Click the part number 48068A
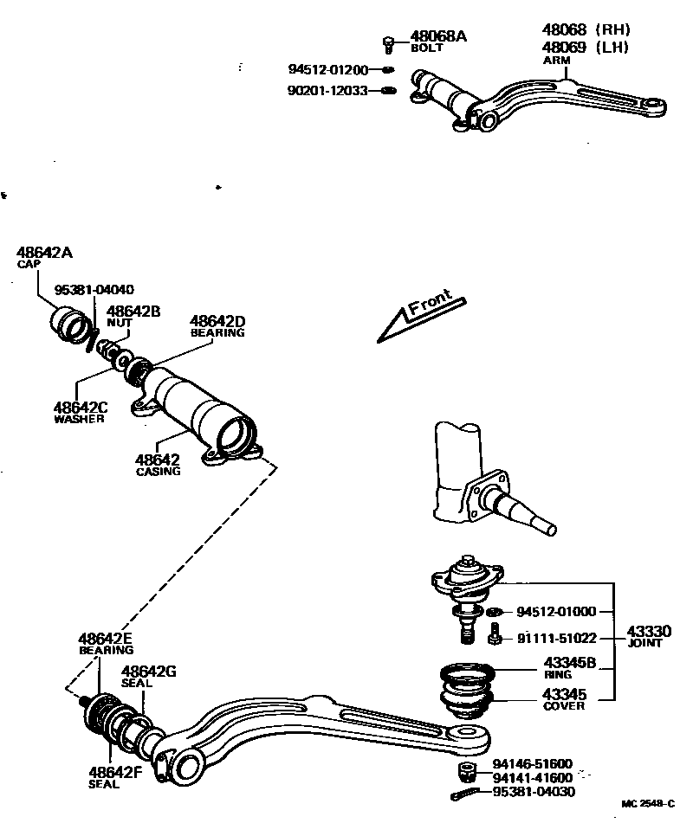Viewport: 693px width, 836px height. (x=438, y=36)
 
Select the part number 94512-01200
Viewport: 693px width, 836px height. (x=328, y=69)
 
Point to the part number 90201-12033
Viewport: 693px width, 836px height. (x=328, y=90)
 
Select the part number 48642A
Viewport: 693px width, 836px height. (x=44, y=253)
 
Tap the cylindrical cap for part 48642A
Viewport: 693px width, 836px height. (x=69, y=327)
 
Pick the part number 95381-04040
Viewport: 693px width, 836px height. (x=94, y=289)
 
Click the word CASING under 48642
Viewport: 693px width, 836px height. (x=159, y=472)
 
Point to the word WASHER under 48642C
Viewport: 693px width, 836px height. (x=79, y=419)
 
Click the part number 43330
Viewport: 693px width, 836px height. (x=649, y=632)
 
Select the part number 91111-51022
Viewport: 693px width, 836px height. (x=557, y=639)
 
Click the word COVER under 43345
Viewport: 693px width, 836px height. (x=563, y=705)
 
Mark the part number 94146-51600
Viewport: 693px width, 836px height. (x=532, y=763)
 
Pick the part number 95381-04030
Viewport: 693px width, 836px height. (x=532, y=791)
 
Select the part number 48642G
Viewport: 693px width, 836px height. (x=149, y=671)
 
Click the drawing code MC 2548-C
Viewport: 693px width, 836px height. (x=647, y=804)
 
